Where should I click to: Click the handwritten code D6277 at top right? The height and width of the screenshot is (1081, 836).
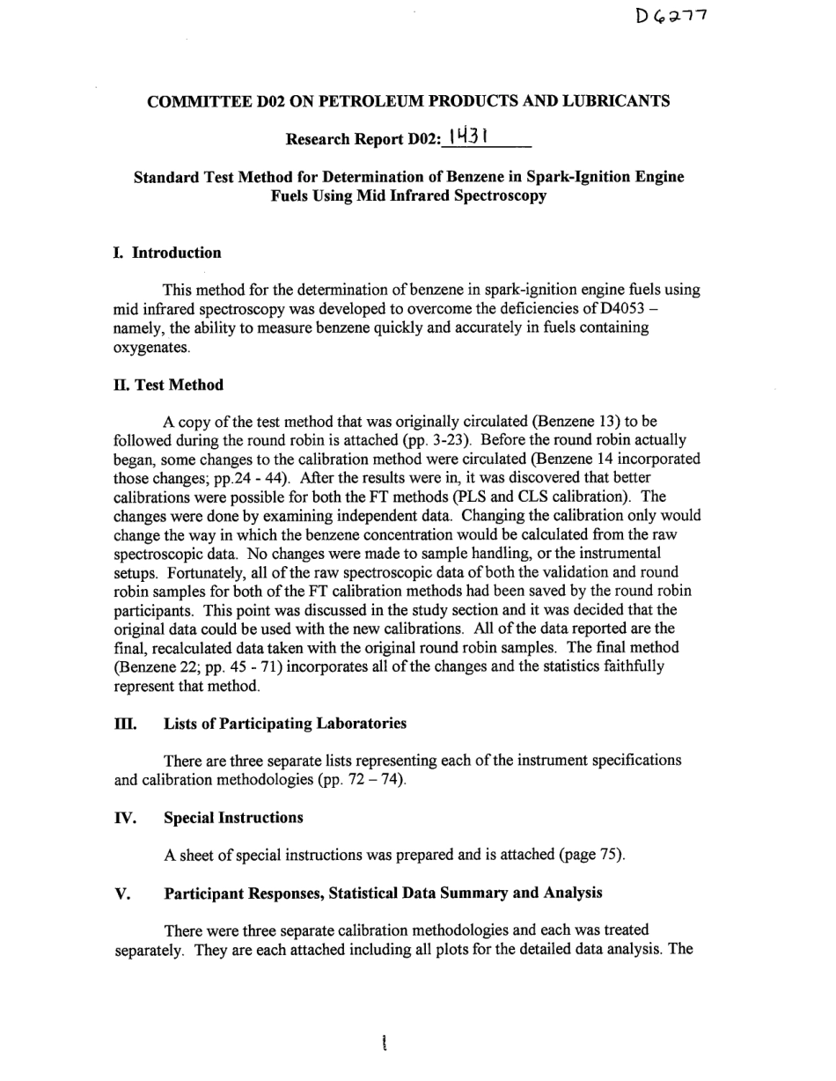tap(671, 16)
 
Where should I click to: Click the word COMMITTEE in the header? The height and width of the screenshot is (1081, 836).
tap(192, 101)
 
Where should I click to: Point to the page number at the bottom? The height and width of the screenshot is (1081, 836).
tap(385, 1044)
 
